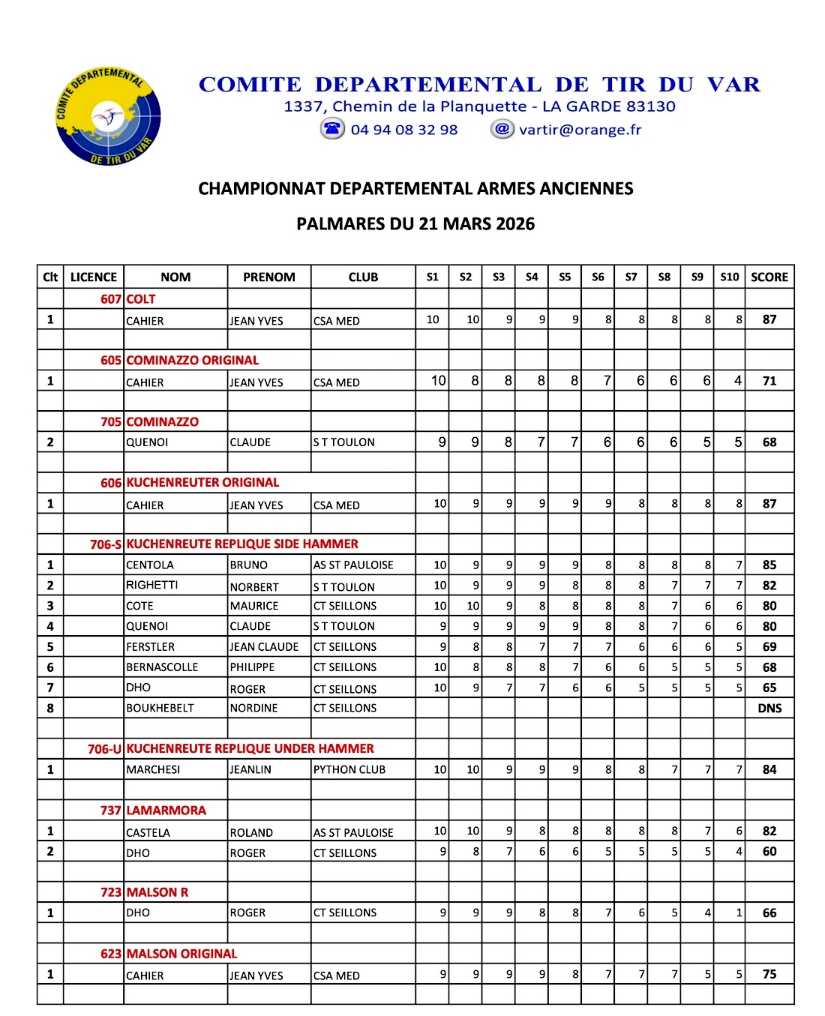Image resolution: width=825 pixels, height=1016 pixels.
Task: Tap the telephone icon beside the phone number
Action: [x=332, y=129]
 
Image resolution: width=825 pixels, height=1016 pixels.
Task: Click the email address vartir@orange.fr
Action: [x=580, y=130]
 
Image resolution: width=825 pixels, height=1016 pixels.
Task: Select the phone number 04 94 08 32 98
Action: [x=404, y=130]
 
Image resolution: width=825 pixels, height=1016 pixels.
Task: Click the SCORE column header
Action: [x=769, y=277]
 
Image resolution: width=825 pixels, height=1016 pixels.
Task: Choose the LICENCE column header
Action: [x=94, y=277]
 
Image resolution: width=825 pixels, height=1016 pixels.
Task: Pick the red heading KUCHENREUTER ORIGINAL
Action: [x=202, y=482]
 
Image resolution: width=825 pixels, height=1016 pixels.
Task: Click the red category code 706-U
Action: [x=104, y=748]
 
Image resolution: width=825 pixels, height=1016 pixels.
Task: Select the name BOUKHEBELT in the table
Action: [x=160, y=708]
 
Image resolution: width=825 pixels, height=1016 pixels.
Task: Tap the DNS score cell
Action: [x=769, y=708]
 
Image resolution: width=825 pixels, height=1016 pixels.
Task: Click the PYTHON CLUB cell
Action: [x=349, y=769]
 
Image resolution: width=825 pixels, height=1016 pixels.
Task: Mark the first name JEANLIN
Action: [x=250, y=769]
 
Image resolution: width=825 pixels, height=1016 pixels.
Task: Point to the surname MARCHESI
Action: [x=153, y=769]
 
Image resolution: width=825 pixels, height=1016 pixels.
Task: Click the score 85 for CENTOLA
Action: [x=769, y=565]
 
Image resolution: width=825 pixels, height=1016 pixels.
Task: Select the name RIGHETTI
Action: [x=152, y=585]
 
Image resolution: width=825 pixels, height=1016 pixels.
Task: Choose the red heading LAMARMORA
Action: [x=166, y=810]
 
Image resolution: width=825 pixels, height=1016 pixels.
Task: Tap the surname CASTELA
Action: [x=148, y=832]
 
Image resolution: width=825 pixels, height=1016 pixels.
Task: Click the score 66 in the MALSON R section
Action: [x=769, y=913]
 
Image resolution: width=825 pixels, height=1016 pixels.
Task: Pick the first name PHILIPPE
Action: [x=252, y=667]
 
